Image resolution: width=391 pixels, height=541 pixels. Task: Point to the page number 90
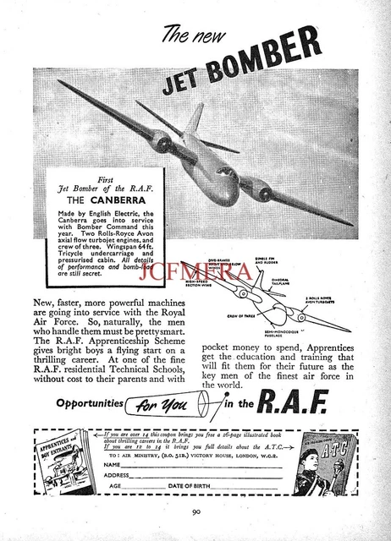(195, 511)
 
